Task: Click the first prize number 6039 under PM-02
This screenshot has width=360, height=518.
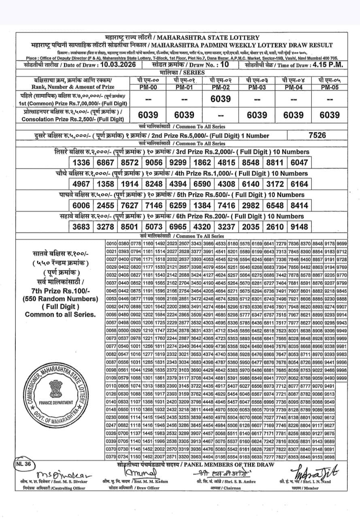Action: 220,99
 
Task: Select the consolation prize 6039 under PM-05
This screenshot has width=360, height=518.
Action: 330,115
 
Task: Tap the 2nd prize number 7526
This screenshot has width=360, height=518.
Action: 317,136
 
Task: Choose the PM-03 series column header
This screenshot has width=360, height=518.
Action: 257,87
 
